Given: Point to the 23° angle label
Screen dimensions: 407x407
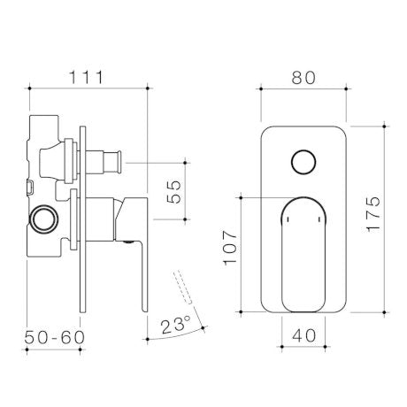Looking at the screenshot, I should coord(176,325).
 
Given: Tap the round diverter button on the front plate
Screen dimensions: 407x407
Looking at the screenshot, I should coord(303,164).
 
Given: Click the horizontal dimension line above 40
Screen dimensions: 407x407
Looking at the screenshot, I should coord(303,347).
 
